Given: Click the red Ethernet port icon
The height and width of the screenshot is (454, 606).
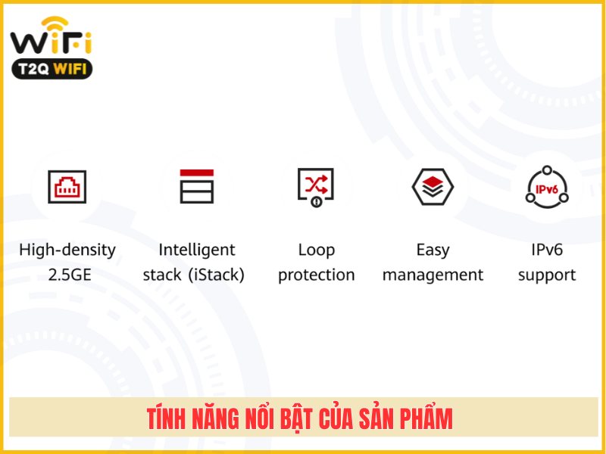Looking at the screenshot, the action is [x=67, y=186].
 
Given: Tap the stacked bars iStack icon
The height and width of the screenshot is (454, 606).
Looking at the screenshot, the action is [x=197, y=186].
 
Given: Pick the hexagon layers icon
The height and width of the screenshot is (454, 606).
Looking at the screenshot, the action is [x=433, y=186].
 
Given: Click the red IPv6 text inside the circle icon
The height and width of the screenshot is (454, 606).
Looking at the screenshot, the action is [x=546, y=189].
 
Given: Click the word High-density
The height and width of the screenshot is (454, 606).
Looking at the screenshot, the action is [x=67, y=250].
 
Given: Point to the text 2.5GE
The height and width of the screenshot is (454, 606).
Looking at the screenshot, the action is [x=70, y=275].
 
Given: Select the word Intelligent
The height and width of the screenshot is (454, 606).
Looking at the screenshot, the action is [x=197, y=250].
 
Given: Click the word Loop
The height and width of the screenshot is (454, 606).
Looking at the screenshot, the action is [x=317, y=250].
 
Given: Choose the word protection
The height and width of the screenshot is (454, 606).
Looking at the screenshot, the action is [x=317, y=275].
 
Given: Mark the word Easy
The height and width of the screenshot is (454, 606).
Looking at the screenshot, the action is [x=433, y=250].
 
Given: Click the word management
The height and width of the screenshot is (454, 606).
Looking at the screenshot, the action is [x=433, y=275].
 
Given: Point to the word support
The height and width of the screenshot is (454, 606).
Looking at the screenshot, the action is [x=547, y=275].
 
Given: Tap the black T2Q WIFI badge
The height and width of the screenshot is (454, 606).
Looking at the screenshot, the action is [x=52, y=69].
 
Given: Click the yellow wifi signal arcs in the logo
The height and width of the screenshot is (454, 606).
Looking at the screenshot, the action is [x=55, y=23].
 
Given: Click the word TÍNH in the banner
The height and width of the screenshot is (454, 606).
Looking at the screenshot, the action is [x=166, y=418].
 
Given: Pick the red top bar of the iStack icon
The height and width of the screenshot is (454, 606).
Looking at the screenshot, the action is [x=197, y=173].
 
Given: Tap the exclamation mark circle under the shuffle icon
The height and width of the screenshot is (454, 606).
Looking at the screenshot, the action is [x=317, y=201].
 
